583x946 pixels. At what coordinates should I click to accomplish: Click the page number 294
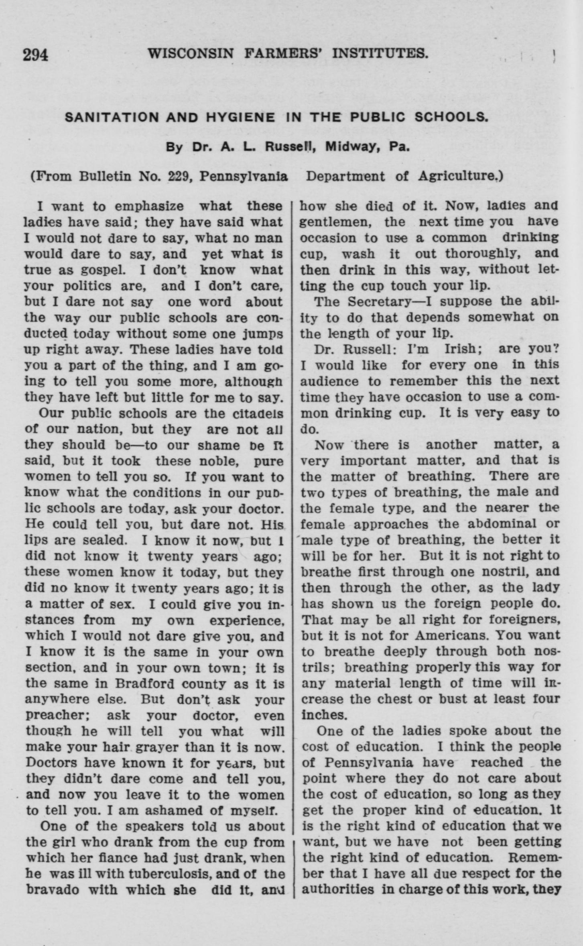(35, 54)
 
